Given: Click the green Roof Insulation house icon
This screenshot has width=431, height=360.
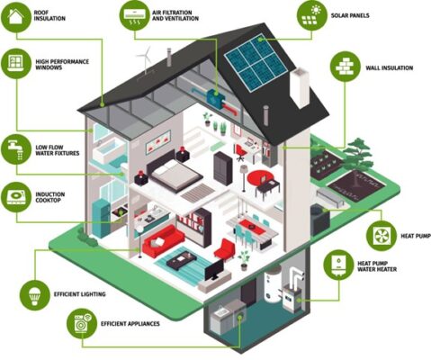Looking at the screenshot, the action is [16, 16].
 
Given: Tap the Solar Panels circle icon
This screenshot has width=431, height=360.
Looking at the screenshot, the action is [312, 15].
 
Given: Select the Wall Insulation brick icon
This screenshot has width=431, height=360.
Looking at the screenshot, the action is [346, 67].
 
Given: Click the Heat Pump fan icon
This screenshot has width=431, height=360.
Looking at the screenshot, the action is [382, 236].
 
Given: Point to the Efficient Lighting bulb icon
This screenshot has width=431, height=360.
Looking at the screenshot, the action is [35, 295].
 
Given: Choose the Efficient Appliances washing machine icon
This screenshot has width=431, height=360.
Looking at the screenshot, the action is [82, 324].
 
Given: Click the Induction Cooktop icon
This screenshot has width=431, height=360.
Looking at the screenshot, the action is [16, 197].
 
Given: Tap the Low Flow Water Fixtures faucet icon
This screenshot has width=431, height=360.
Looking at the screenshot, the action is [16, 149].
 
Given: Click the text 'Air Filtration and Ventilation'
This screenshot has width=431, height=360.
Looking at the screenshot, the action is [175, 15].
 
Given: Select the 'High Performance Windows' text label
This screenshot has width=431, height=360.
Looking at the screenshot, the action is [62, 65].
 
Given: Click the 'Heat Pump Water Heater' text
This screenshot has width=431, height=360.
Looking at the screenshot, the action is [377, 266].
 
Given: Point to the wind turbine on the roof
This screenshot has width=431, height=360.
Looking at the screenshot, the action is [145, 60].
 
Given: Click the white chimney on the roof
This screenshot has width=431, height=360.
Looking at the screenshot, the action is [300, 87].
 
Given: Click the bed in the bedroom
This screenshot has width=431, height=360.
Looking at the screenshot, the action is [175, 172].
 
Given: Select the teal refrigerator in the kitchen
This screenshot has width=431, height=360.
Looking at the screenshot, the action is [101, 218].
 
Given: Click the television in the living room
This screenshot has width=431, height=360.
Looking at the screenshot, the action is [214, 270].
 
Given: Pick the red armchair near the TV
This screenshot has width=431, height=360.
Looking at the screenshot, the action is [224, 249].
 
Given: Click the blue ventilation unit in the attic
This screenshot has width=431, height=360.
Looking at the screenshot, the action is [215, 96].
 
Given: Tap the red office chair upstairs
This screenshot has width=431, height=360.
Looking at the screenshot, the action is [241, 152].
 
